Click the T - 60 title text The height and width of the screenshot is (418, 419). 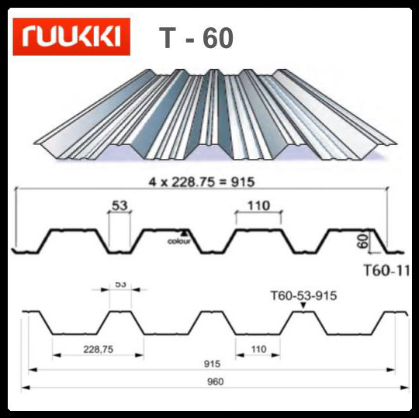coord(195,37)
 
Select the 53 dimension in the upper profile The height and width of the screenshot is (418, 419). coord(119,206)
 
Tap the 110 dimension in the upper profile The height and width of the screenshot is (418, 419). coord(259,206)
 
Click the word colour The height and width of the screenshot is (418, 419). coord(179,241)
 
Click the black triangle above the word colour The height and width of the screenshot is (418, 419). coord(183,232)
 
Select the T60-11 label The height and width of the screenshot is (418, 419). coord(386,271)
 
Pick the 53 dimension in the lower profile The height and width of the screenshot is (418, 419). coord(120,285)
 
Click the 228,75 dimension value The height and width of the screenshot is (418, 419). coord(98,350)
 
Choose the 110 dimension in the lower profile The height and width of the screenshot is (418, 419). coord(259,350)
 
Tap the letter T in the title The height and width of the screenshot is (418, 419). coord(167,37)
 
